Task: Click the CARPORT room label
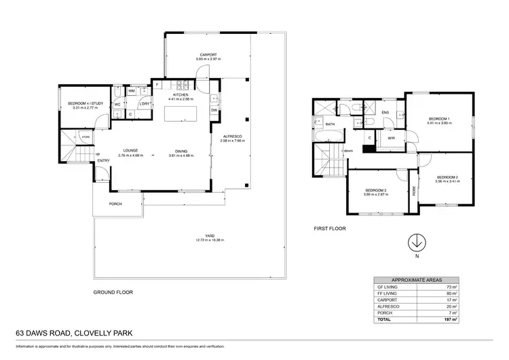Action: pyautogui.click(x=208, y=55)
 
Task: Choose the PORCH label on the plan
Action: pyautogui.click(x=115, y=205)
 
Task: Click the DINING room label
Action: pyautogui.click(x=181, y=151)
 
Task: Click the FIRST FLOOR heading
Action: pyautogui.click(x=330, y=229)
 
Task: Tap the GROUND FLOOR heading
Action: pyautogui.click(x=113, y=292)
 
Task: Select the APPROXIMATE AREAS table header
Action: pyautogui.click(x=416, y=280)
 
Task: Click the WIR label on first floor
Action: pyautogui.click(x=391, y=137)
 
